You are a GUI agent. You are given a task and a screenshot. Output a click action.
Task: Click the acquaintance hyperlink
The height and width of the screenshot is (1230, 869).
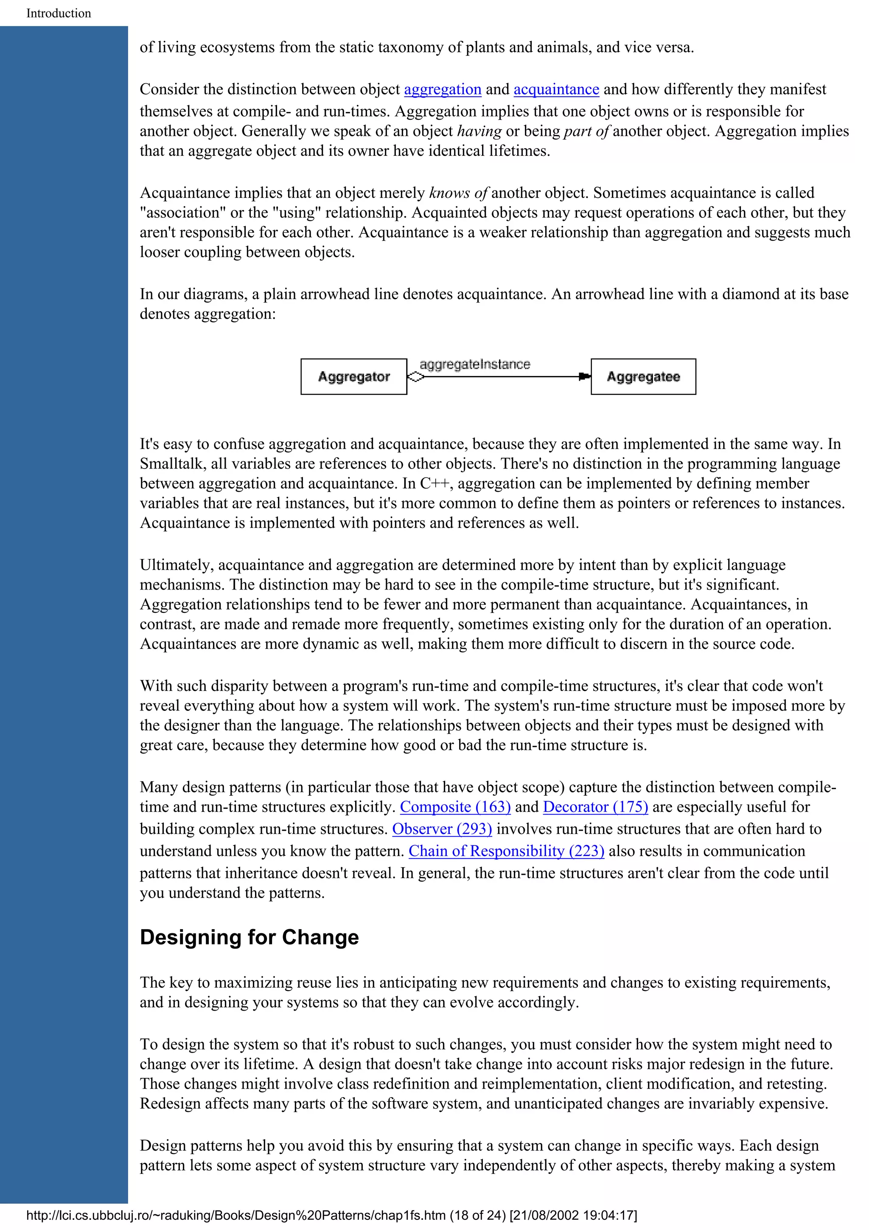point(556,90)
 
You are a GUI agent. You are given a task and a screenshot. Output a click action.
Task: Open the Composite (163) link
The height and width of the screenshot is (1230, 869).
point(455,807)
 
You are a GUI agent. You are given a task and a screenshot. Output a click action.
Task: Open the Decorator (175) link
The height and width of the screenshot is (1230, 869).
point(595,807)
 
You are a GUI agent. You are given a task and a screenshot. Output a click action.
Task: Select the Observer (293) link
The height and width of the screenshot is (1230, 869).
point(442,829)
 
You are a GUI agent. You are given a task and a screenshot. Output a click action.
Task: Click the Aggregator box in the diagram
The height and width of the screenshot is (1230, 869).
point(353,376)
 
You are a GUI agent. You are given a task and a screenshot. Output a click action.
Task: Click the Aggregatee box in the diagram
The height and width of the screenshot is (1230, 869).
point(643,376)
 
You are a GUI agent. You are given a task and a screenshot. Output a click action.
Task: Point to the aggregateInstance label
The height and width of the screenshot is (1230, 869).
point(474,364)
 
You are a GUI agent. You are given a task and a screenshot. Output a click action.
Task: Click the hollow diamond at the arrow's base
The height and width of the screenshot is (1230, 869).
point(415,376)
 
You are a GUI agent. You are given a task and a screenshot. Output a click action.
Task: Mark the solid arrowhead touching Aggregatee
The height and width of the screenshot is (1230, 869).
point(584,376)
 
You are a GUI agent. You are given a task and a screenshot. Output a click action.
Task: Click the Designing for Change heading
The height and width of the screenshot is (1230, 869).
point(249,938)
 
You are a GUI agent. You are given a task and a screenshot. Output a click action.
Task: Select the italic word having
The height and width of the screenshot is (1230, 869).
point(479,131)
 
